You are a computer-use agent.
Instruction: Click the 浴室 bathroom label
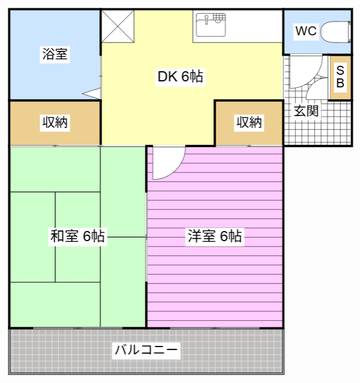[55, 54]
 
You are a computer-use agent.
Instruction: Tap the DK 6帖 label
[180, 76]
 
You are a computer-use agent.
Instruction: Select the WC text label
[306, 31]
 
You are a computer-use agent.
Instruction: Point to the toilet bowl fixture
[335, 32]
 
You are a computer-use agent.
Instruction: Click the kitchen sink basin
[211, 25]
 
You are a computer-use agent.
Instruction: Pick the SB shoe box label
[340, 77]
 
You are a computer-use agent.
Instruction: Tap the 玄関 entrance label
[306, 111]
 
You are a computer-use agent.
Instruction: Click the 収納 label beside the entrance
[249, 122]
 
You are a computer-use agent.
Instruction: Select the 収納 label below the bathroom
[55, 122]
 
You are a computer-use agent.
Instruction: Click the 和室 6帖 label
[77, 236]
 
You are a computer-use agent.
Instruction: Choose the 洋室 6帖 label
[214, 236]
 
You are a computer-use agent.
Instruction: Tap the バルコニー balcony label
[146, 350]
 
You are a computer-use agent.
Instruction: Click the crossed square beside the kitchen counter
[117, 26]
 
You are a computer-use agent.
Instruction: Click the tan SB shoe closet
[340, 78]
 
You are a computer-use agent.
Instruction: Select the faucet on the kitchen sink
[207, 19]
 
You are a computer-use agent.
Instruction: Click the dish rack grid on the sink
[219, 17]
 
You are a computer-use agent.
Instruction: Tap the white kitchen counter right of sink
[255, 26]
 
